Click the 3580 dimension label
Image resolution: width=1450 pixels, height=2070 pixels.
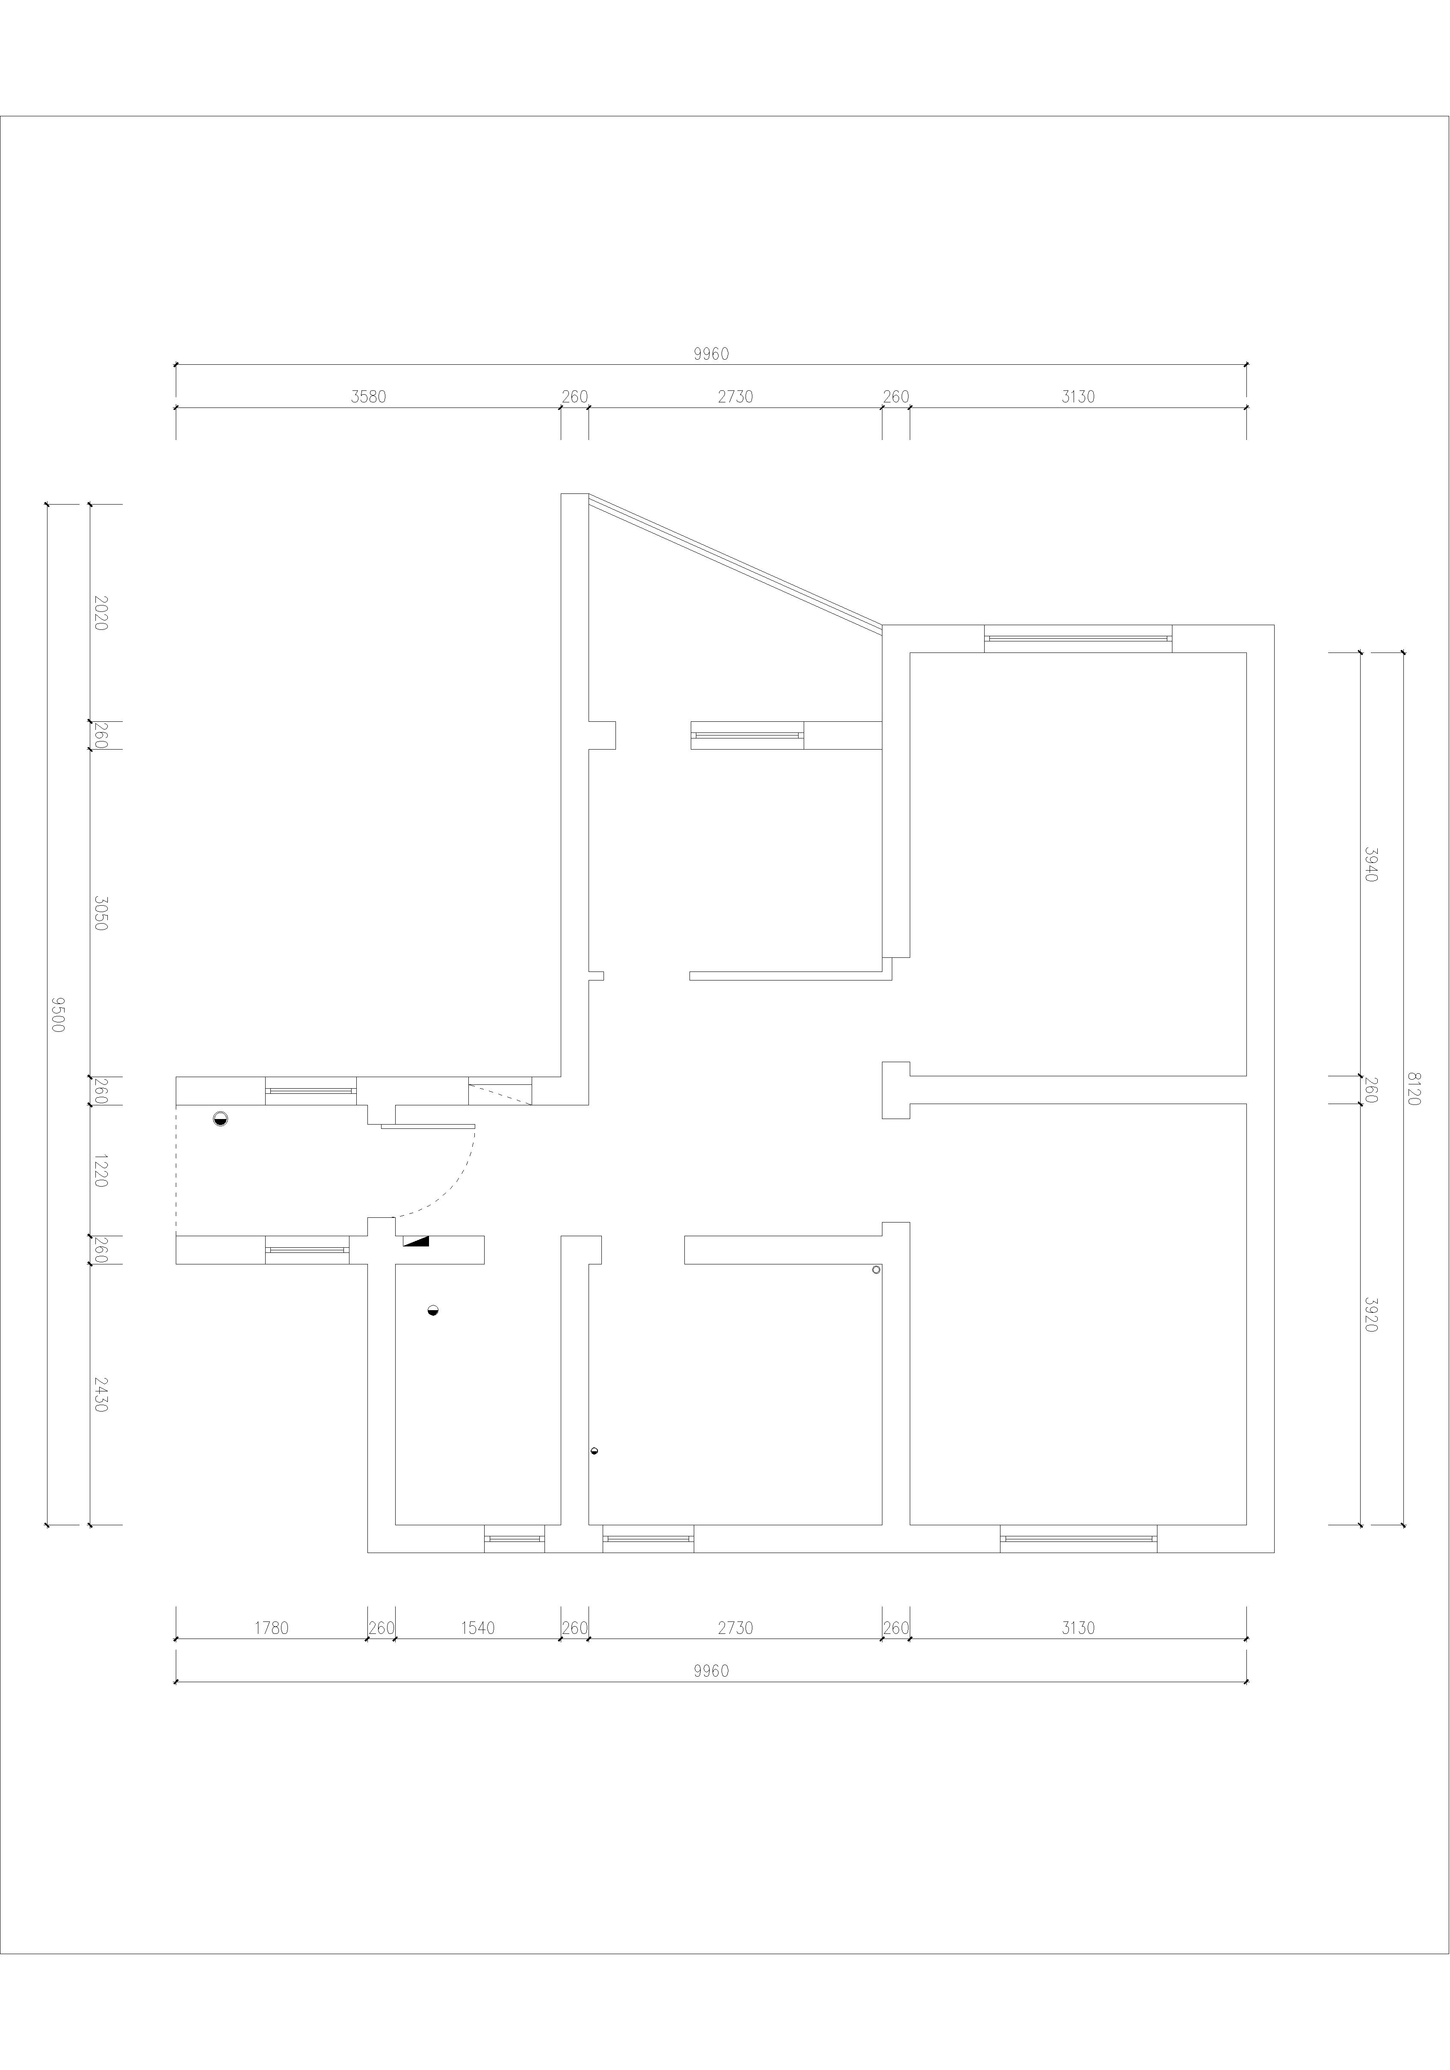[368, 397]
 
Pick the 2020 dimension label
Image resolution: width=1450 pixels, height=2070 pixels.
[100, 612]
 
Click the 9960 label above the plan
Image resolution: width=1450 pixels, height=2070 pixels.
[710, 354]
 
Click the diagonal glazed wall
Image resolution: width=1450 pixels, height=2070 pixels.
[735, 560]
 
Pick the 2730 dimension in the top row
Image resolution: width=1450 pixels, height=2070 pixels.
[735, 397]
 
